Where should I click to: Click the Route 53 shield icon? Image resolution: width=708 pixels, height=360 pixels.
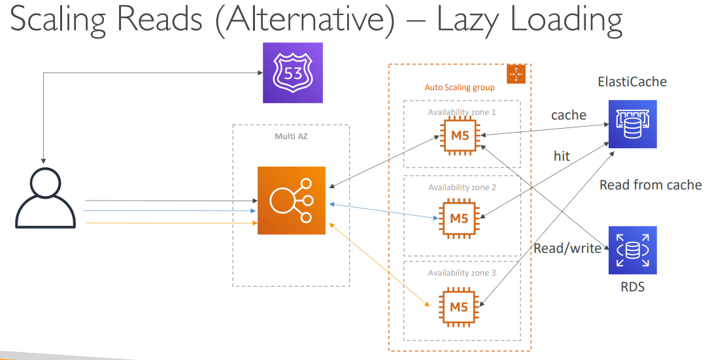pos(293,73)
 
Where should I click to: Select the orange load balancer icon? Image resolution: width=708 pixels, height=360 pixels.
pos(291,200)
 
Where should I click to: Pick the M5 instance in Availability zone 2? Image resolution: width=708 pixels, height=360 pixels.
pos(459,218)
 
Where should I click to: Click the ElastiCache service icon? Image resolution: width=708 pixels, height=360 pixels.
pos(632,124)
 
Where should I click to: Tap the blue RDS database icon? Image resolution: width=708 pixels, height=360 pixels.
pos(632,250)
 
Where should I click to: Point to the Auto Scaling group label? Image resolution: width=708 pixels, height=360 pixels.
pos(460,87)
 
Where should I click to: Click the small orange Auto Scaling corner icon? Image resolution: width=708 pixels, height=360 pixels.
pos(516,74)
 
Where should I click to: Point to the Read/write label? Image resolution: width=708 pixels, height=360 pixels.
pos(567,248)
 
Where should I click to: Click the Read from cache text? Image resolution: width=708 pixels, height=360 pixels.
pos(650,185)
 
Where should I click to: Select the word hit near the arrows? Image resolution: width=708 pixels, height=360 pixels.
pos(561,155)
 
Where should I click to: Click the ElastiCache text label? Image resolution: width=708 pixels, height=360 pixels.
pos(632,82)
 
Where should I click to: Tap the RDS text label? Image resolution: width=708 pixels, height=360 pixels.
pos(632,286)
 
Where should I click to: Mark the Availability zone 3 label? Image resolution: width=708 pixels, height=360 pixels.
pos(462,272)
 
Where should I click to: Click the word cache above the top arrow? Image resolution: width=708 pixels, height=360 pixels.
pos(568,115)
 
